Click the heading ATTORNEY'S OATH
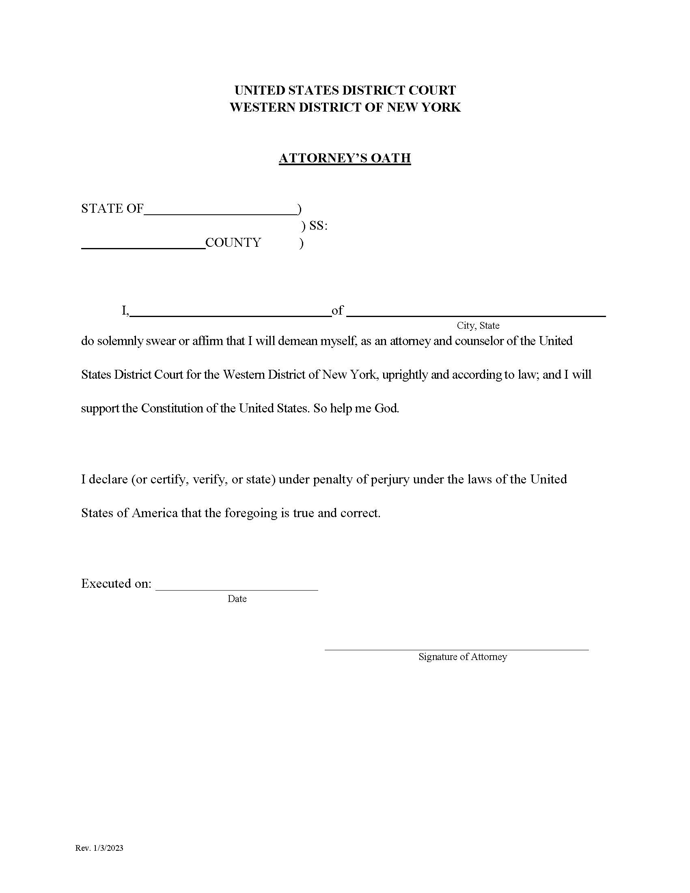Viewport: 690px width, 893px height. (345, 158)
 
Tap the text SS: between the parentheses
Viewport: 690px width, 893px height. (319, 226)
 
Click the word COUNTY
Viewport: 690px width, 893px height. (233, 242)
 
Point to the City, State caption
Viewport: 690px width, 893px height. (478, 326)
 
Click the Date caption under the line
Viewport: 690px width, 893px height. (237, 599)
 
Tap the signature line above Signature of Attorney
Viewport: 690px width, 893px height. (456, 649)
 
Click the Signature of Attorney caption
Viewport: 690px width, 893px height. (462, 657)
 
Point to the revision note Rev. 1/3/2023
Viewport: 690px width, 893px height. (99, 848)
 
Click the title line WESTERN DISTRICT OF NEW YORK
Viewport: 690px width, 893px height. (345, 107)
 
